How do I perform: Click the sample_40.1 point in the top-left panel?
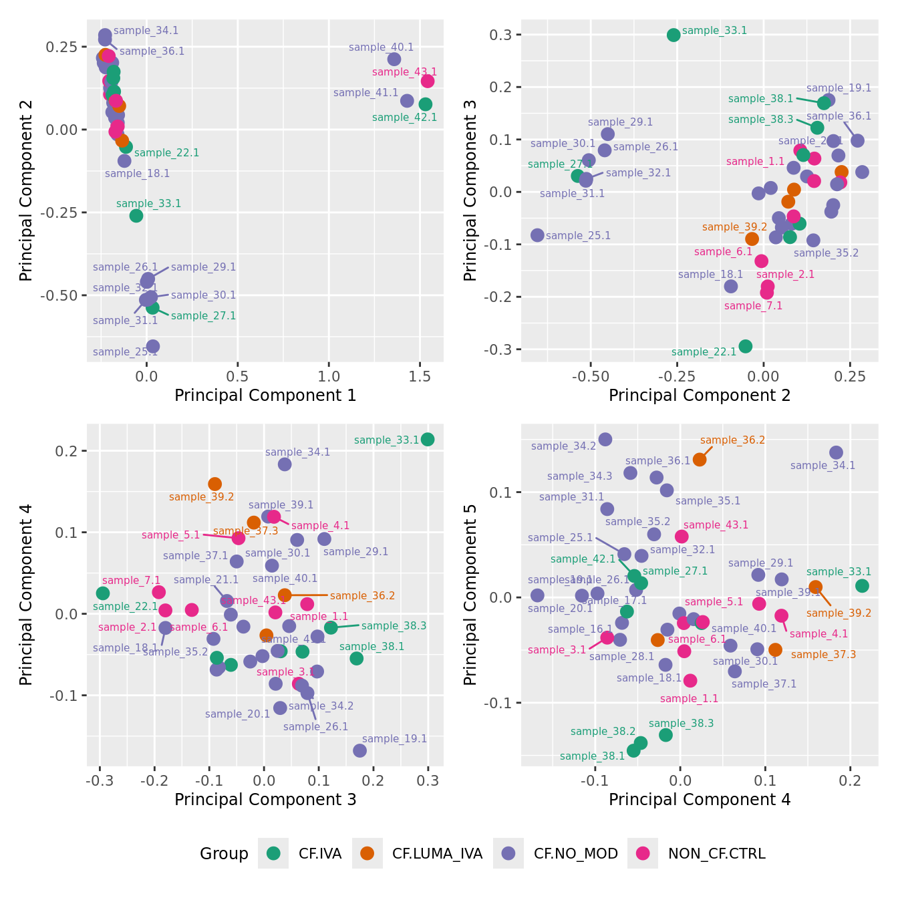tap(394, 59)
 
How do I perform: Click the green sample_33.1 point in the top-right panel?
tap(673, 35)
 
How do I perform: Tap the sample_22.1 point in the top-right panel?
tap(746, 346)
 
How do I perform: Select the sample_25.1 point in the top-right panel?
tap(537, 235)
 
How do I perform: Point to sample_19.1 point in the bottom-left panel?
tap(360, 750)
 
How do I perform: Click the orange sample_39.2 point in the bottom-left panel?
tap(215, 484)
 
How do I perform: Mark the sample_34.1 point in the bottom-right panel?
tap(836, 452)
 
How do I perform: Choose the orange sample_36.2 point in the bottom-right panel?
tap(700, 459)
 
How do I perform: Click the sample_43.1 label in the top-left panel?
tap(404, 72)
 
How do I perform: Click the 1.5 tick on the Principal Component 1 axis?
tap(419, 376)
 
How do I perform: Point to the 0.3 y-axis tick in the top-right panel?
tap(504, 35)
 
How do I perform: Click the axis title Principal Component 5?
tap(470, 594)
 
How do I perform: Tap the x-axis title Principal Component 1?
tap(265, 396)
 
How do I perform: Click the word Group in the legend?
tap(224, 854)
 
